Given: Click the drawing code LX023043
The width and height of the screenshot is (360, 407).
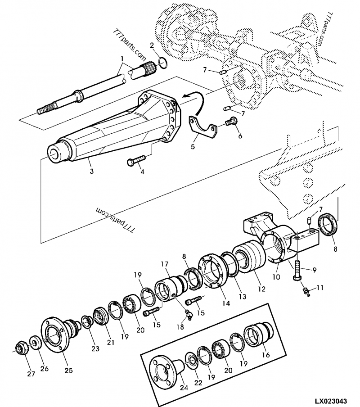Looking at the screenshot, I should coord(332,400).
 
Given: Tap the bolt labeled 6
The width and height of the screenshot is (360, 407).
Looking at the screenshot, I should coord(231,121).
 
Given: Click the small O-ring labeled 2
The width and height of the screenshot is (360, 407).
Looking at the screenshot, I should coord(163,62).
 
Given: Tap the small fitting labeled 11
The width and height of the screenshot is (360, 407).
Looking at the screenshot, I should coord(306,291).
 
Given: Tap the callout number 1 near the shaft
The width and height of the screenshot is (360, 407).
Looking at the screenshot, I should coord(121,59).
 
